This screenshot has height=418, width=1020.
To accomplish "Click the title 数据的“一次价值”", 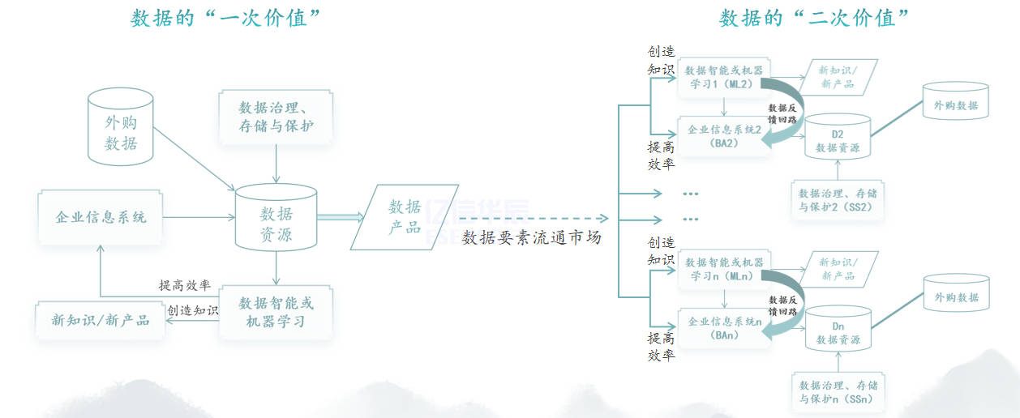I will [222, 18].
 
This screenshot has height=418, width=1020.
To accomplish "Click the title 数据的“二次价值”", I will [814, 18].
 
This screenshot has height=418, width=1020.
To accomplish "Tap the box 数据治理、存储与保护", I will [276, 117].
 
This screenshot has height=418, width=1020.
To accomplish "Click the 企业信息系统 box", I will [101, 217].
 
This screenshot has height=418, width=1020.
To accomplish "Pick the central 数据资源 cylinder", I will [276, 219].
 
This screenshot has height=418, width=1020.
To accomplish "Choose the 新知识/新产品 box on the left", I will [101, 320].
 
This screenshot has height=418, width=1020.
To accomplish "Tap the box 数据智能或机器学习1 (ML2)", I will [724, 77].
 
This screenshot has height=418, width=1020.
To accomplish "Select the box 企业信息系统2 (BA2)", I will [724, 136].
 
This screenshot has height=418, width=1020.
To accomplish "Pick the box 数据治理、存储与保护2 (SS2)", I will [838, 200].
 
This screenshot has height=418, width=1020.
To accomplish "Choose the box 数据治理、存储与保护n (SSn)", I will [838, 392].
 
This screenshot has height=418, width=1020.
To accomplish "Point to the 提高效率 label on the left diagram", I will [185, 285].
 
